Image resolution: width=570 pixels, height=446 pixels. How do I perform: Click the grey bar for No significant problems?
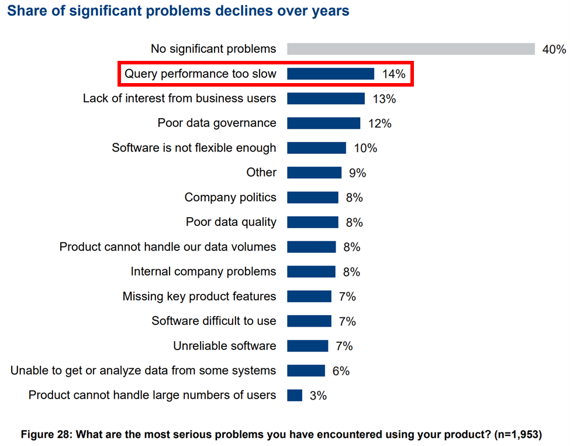411,49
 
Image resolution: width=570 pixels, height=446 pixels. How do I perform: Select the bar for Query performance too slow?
330,74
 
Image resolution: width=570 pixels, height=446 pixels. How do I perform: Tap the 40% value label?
554,50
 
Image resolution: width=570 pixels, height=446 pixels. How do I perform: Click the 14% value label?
393,74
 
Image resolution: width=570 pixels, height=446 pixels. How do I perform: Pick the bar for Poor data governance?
323,123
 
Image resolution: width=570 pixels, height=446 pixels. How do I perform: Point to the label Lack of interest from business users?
179,98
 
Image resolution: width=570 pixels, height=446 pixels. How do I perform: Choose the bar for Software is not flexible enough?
316,147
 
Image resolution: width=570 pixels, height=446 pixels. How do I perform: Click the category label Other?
261,172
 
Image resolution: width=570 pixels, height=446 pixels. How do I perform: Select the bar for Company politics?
313,197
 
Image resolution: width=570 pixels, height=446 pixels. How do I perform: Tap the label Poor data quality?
231,222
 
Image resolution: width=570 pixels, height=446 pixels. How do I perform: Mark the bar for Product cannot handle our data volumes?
312,246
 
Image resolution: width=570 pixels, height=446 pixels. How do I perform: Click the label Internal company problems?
203,272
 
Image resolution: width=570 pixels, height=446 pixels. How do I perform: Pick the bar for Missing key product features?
309,296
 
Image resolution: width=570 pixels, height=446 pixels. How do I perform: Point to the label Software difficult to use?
214,321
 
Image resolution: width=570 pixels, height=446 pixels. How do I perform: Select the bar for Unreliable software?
308,346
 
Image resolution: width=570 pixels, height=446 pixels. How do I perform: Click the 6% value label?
341,371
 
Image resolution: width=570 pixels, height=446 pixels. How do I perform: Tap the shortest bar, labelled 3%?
295,395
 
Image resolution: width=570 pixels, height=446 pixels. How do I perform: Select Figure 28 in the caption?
46,435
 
